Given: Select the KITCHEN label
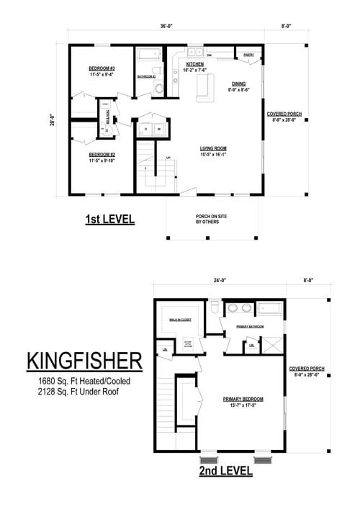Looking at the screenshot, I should (195, 64).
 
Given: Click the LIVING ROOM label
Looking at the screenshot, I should (214, 148).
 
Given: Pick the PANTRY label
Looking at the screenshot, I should (248, 55).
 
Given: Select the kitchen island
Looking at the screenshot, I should (205, 86).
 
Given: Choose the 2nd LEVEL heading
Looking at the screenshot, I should (226, 472).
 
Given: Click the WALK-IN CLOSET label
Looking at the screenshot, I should (180, 319).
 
